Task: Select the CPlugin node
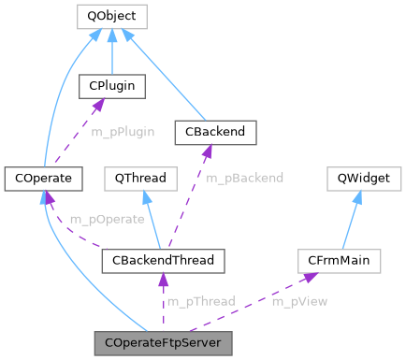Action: (111, 87)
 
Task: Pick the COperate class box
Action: (44, 176)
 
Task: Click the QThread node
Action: (139, 176)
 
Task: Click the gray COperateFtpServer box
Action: (162, 343)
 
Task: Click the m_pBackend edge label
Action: (244, 177)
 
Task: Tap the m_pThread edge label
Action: (201, 301)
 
